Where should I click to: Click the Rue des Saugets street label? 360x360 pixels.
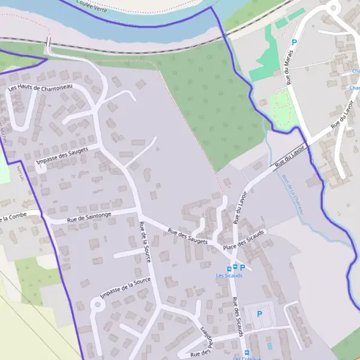tap(187, 236)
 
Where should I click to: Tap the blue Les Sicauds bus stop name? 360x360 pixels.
tap(229, 275)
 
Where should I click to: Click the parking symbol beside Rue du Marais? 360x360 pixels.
tap(294, 43)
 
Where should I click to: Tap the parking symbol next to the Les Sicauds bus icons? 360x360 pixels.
tap(243, 267)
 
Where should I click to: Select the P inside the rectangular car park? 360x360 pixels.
tap(260, 314)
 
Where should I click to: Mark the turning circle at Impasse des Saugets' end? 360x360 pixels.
tap(41, 168)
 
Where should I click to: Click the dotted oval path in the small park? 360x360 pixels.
tap(281, 108)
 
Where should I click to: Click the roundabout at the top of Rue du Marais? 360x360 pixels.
tap(334, 7)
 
